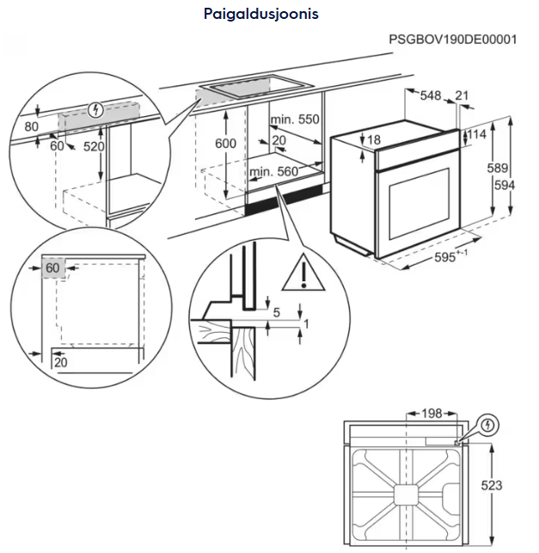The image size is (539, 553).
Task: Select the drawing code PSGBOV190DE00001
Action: (452, 40)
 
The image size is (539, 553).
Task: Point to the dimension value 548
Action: (430, 95)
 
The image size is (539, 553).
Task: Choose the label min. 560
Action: (273, 172)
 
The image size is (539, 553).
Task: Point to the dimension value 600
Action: (225, 144)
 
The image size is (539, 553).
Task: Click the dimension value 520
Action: (94, 147)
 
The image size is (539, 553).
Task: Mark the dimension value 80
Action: (32, 127)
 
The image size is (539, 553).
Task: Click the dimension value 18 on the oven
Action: (373, 139)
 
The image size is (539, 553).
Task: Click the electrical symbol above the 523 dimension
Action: (488, 425)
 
